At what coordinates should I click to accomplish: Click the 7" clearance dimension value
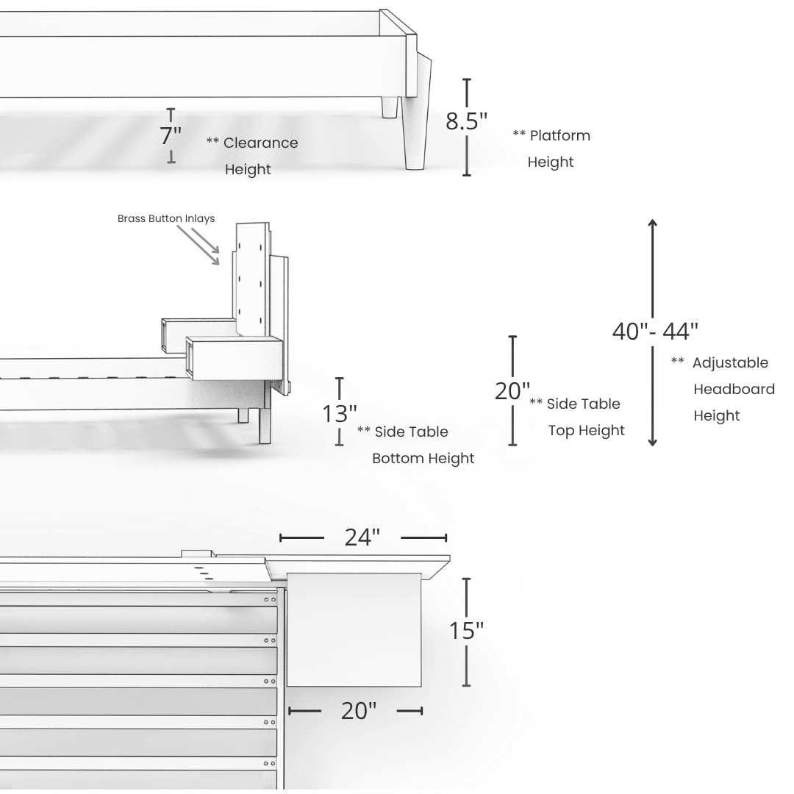(x=171, y=136)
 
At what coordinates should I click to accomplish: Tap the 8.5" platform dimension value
(x=466, y=121)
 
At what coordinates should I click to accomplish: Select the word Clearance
(x=261, y=143)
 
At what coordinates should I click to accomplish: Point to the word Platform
(x=559, y=135)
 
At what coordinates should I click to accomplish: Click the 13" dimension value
(x=340, y=414)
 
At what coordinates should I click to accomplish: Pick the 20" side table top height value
(x=512, y=391)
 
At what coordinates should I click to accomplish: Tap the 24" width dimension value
(x=362, y=537)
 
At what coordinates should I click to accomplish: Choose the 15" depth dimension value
(x=467, y=631)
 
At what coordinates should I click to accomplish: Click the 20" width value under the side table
(x=359, y=711)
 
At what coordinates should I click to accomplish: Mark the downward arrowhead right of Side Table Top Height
(x=652, y=440)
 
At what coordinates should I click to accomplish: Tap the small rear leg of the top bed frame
(x=390, y=108)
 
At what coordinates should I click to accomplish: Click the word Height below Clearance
(x=248, y=169)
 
